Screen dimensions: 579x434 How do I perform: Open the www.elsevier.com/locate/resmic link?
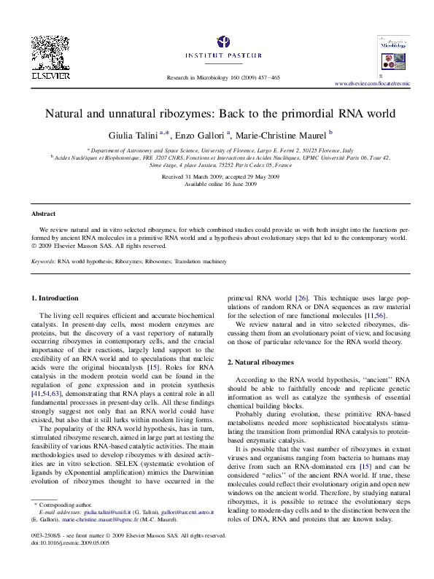click(x=372, y=84)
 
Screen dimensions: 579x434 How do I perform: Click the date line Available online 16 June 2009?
click(x=220, y=184)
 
